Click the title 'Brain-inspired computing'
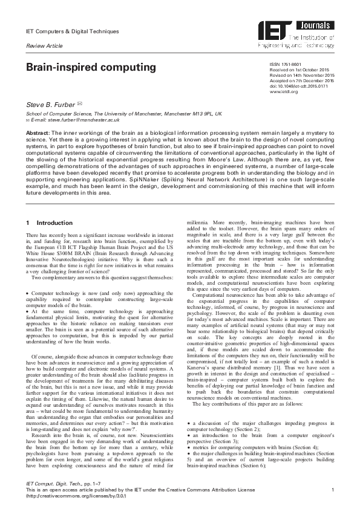pyautogui.click(x=90, y=67)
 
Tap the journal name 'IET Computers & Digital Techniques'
pyautogui.click(x=72, y=31)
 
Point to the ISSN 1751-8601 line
pyautogui.click(x=283, y=64)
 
